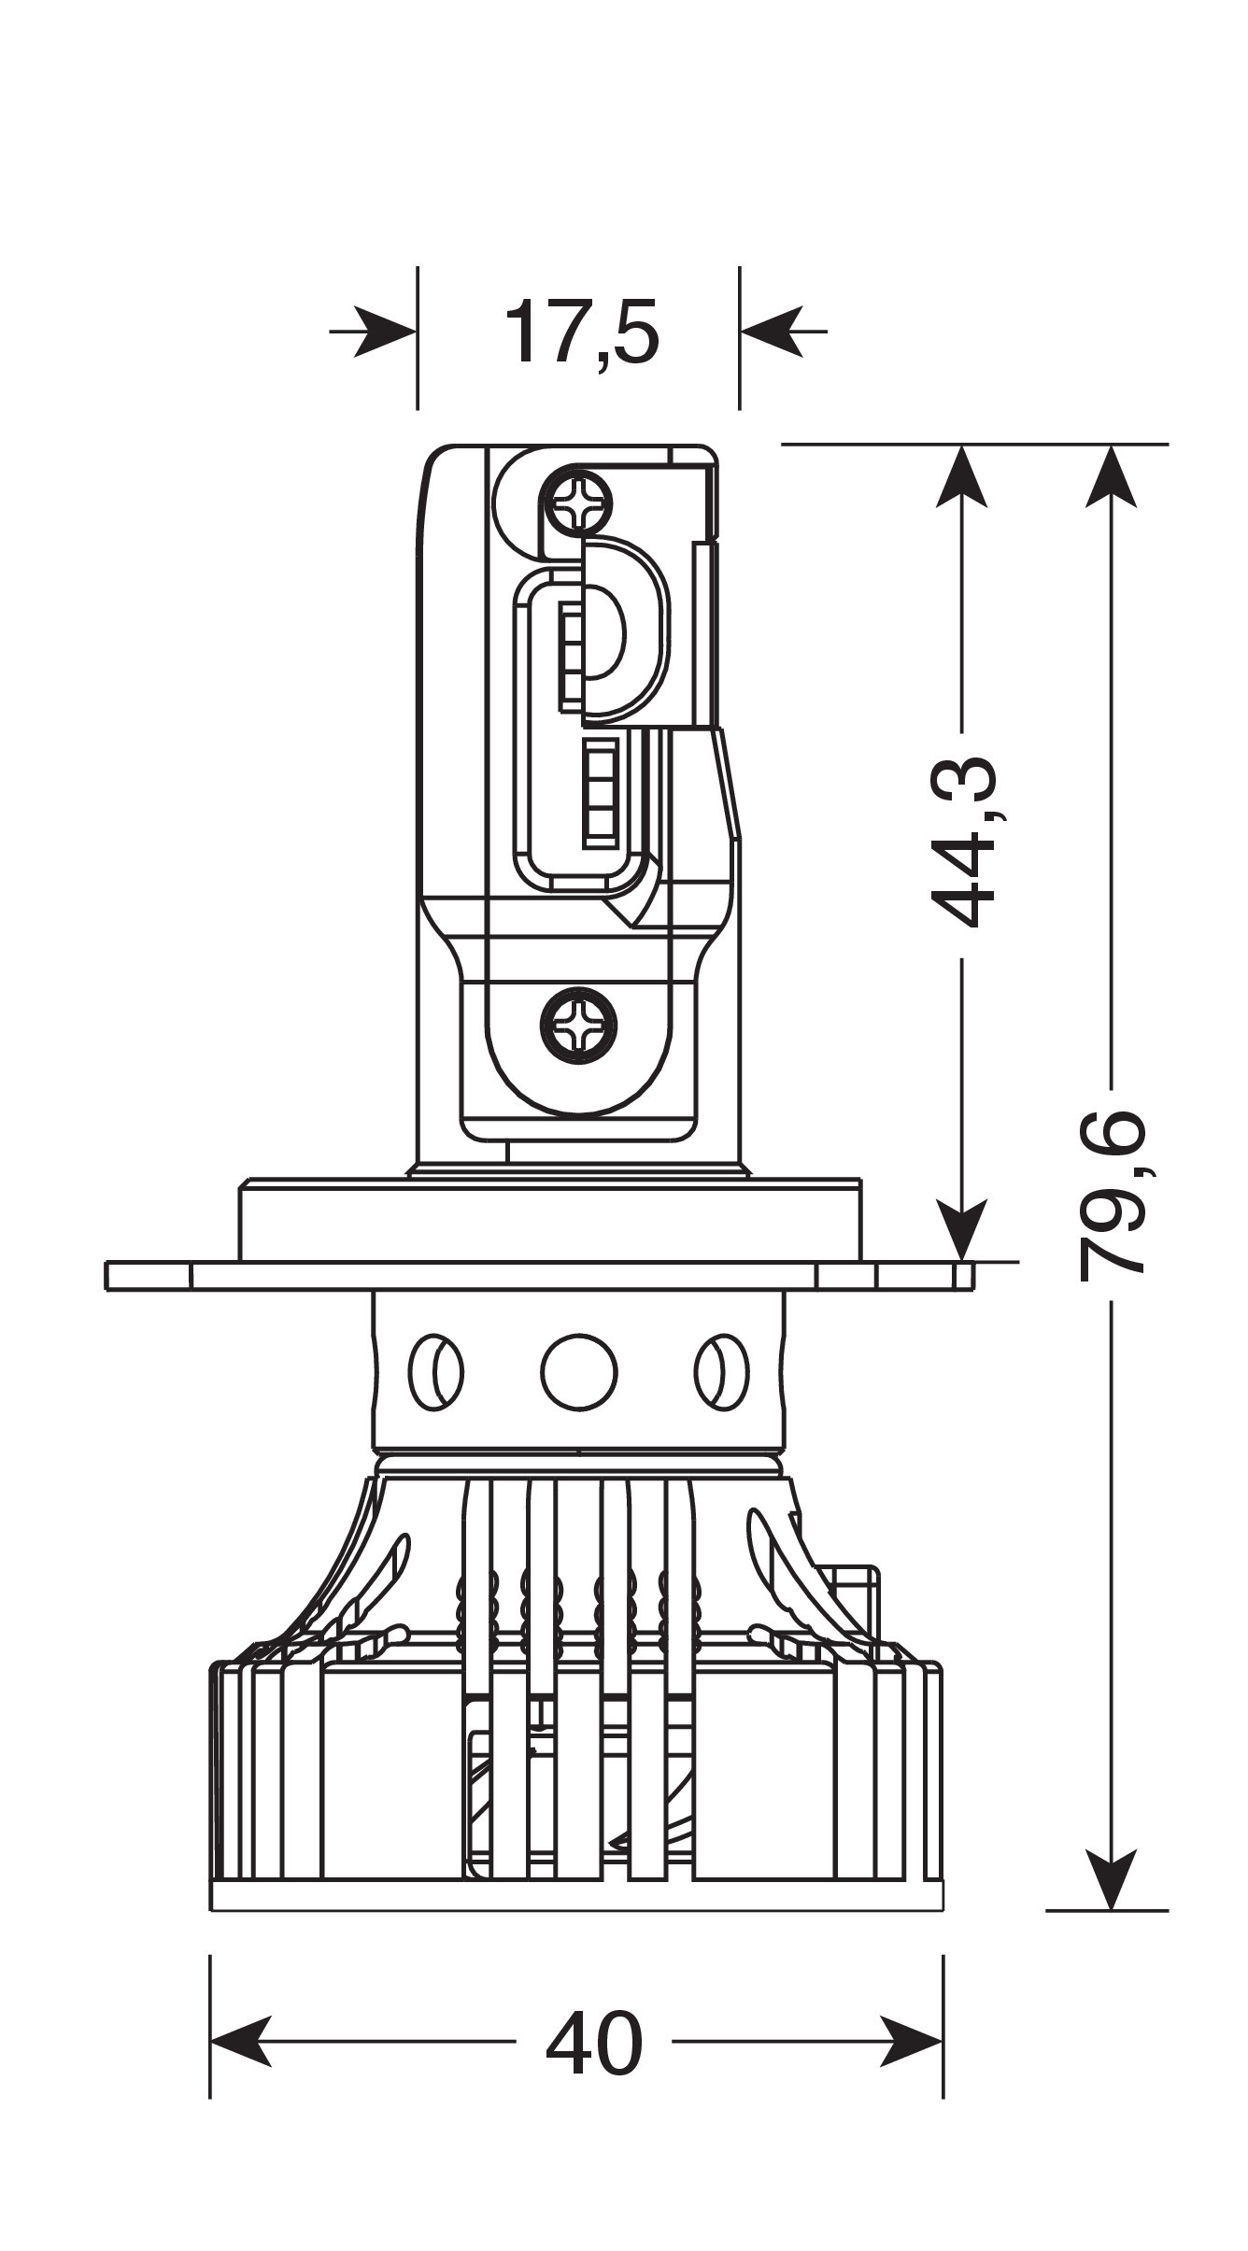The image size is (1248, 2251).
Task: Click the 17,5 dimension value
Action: [x=581, y=333]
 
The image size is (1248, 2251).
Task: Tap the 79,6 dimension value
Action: [x=1112, y=1195]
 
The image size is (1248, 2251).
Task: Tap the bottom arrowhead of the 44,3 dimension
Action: [x=962, y=1231]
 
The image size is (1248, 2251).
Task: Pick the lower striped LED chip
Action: [x=603, y=793]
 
